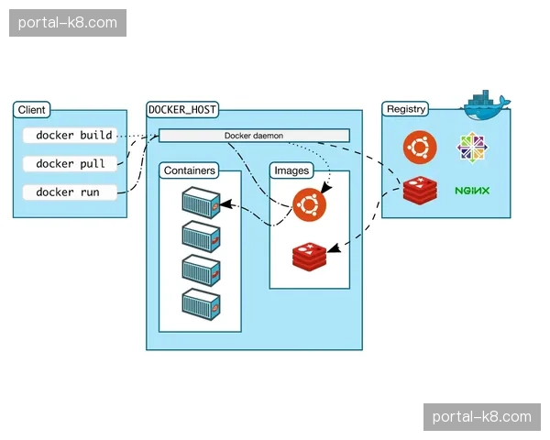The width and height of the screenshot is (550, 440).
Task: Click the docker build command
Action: point(73,136)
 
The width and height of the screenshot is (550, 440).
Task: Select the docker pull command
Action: point(71,164)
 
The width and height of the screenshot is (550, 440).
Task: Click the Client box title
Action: point(32,110)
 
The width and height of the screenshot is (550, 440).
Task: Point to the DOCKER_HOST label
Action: point(182,110)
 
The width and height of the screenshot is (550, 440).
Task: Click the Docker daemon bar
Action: point(254,136)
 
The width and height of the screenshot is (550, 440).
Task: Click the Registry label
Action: point(406,109)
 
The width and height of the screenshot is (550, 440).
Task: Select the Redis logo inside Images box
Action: point(310,255)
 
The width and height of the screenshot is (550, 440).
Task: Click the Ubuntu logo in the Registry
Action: point(419,147)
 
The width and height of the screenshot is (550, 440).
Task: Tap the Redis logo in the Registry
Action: point(420,192)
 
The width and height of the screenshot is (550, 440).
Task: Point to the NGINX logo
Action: point(472,192)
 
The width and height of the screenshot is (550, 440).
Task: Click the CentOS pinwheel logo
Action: point(473,147)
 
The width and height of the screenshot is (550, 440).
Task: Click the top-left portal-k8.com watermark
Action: point(69,21)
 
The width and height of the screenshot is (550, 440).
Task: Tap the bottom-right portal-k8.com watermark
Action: point(480,417)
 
